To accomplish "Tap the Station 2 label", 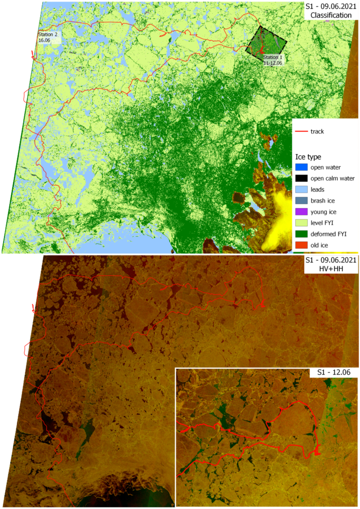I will coord(48,35).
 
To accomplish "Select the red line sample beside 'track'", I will coord(301,132).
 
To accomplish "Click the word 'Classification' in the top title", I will coord(328,15).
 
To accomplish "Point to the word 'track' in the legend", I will coord(317,132).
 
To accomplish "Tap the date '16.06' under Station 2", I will coord(44,40).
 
